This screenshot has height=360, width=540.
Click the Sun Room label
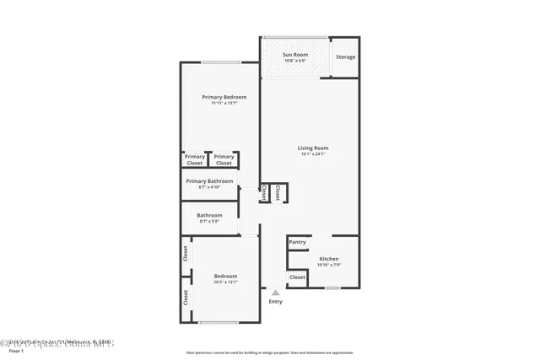point(295,55)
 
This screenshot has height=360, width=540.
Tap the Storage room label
point(345,57)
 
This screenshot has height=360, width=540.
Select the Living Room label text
point(312,148)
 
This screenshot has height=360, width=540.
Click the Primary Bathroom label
point(209,180)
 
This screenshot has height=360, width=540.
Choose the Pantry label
point(297,242)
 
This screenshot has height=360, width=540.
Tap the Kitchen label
point(328,258)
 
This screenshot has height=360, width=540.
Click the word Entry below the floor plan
point(275,301)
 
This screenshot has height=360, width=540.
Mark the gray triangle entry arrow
point(275,292)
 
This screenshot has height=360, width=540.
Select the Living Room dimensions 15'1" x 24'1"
point(312,154)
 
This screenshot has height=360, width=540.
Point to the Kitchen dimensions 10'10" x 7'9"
point(328,265)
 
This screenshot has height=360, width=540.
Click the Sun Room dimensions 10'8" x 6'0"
point(295,61)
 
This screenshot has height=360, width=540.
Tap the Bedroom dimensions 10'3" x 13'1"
point(225,282)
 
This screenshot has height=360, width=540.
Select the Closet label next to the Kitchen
point(297,277)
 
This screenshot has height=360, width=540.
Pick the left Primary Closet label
point(195,159)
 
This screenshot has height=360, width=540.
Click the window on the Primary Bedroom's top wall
point(219,63)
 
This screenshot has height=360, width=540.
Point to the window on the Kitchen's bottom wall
point(332,287)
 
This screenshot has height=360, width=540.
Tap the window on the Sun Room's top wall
point(294,37)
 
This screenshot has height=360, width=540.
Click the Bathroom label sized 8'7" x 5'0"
point(209,215)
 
